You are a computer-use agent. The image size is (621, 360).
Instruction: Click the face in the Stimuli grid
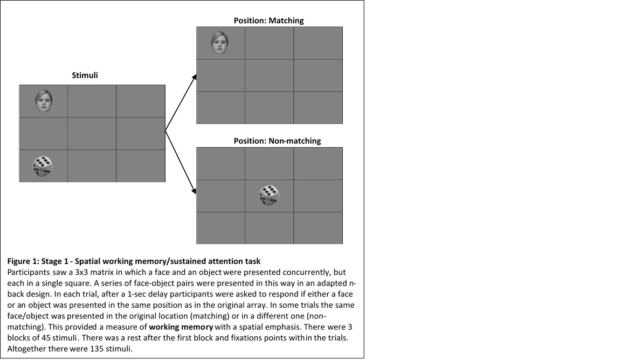(43, 101)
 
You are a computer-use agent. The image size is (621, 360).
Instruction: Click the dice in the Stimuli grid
(43, 166)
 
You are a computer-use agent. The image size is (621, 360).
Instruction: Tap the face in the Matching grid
(219, 43)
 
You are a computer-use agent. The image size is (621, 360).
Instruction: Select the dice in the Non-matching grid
(269, 195)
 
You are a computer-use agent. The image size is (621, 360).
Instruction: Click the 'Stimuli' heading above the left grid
(85, 75)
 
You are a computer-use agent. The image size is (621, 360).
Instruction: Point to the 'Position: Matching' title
(268, 20)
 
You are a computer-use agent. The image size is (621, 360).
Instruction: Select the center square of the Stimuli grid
(92, 133)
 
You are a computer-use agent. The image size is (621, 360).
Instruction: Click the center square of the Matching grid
(269, 75)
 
